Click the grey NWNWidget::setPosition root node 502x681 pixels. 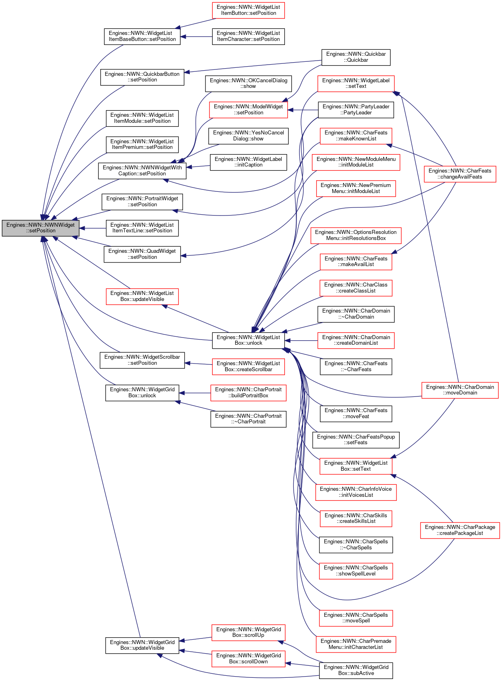point(41,228)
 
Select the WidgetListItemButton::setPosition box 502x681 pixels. point(248,10)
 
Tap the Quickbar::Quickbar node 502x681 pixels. point(356,57)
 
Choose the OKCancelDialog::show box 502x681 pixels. point(248,83)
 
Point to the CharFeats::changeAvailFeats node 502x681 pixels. point(460,174)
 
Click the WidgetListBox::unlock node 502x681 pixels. point(248,340)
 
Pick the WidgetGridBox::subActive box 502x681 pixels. point(356,671)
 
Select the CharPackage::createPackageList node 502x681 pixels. point(460,531)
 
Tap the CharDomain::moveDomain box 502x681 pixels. point(460,390)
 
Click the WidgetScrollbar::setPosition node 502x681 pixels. point(142,360)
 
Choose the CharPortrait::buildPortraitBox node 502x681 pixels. point(248,393)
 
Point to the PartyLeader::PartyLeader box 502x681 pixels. point(356,110)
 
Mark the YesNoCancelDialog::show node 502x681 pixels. point(248,136)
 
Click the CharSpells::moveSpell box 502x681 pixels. point(356,618)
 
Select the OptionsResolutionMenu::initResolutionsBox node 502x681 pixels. point(356,236)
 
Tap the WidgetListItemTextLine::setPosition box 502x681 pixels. point(142,228)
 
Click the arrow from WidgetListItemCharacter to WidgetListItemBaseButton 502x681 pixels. point(196,37)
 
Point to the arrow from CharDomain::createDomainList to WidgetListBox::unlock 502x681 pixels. point(301,341)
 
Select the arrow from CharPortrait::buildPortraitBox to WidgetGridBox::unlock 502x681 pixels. point(195,393)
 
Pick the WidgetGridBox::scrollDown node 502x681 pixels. point(248,659)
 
